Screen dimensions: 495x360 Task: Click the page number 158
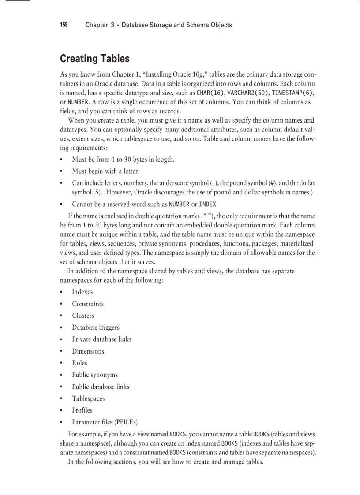coord(64,25)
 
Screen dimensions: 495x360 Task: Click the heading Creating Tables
coord(94,59)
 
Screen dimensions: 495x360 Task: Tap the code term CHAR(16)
coord(210,93)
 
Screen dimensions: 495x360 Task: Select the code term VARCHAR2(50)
coord(248,93)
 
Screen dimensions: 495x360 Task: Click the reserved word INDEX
coord(208,205)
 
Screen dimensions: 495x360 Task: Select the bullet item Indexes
coord(82,292)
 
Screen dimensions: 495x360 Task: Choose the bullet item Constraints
coord(88,304)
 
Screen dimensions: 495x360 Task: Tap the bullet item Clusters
coord(83,316)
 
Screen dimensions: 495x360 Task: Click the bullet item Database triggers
coord(96,328)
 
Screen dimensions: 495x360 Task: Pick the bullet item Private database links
coord(101,339)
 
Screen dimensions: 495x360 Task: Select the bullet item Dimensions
coord(88,351)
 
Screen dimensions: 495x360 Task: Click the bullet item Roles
coord(79,363)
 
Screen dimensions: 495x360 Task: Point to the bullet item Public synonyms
coord(95,375)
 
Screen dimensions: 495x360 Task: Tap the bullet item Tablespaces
coord(88,398)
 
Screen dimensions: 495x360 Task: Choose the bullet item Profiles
coord(82,410)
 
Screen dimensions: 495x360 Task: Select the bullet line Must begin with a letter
coord(105,171)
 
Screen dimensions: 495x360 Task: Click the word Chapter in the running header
coord(97,25)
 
